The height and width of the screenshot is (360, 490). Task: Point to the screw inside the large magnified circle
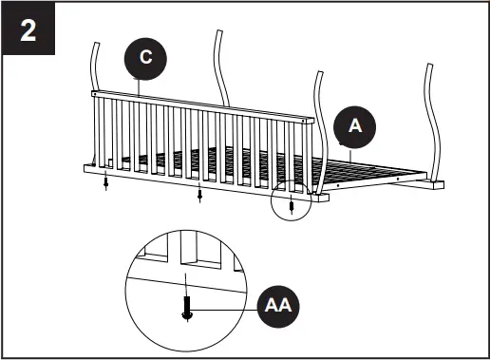click(187, 309)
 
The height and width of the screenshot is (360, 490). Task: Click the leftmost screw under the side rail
click(106, 182)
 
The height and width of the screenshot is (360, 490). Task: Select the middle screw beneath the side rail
click(199, 196)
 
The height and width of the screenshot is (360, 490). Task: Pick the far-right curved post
click(438, 104)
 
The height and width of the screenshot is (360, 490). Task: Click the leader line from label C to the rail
click(143, 86)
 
